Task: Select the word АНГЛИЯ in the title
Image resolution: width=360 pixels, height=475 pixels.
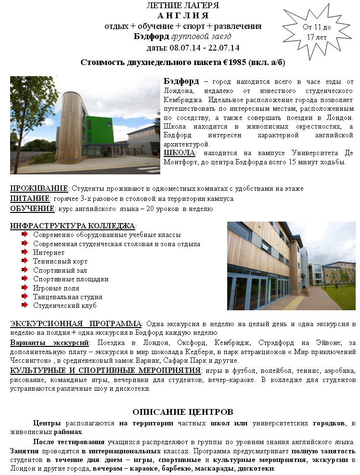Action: [183, 15]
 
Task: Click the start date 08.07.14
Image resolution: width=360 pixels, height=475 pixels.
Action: [180, 48]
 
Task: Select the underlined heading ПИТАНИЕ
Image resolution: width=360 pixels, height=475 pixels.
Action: [30, 198]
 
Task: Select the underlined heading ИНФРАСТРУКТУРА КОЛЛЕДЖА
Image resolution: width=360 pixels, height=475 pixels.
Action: [73, 226]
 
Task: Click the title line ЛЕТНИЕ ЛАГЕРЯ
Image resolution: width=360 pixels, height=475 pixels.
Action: [183, 6]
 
